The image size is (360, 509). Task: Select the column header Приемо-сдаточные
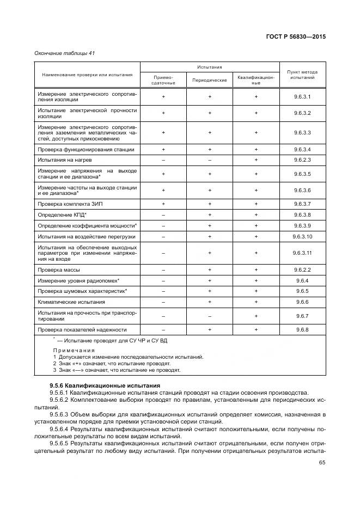point(163,80)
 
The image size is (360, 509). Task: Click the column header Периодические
point(209,80)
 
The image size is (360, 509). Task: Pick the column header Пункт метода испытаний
point(302,75)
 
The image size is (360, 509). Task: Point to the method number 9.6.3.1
point(302,96)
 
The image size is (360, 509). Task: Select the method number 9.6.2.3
point(302,160)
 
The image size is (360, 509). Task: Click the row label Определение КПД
point(58,214)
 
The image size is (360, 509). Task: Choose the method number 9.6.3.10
point(302,237)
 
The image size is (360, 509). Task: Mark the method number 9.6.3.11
point(302,253)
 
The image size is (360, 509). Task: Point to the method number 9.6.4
point(302,280)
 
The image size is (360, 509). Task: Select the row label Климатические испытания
point(71,302)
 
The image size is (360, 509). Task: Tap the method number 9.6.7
point(302,316)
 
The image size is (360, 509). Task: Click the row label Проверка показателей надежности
point(82,329)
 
